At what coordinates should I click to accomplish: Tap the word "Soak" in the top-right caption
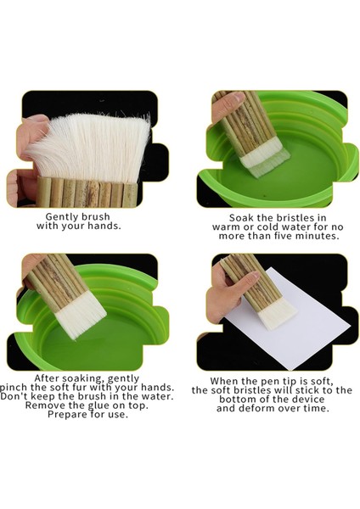[x=229, y=217]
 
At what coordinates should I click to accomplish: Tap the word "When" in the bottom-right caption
[x=225, y=380]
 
